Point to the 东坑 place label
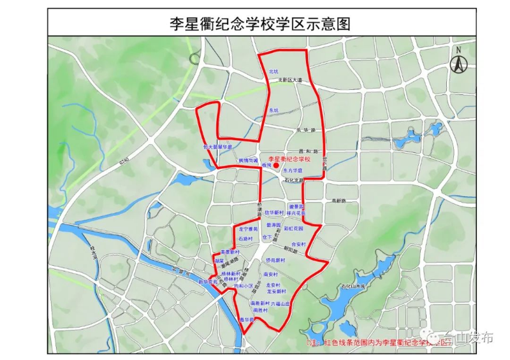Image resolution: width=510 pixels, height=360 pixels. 274,110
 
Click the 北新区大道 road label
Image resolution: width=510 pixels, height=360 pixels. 289,80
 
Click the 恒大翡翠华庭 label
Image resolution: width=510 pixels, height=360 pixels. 218,146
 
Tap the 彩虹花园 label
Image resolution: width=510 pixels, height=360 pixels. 293,227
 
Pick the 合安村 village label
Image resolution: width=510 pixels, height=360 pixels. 298,244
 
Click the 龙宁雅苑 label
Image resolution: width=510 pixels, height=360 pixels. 248,228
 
